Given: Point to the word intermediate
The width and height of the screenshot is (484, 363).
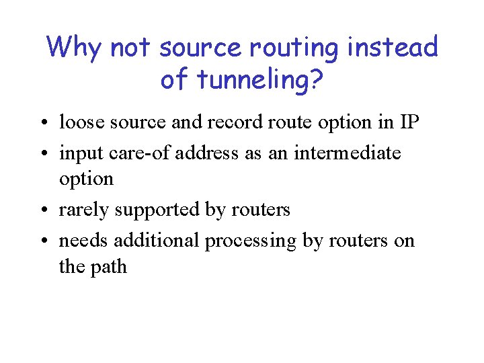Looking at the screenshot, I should point(338,153).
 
